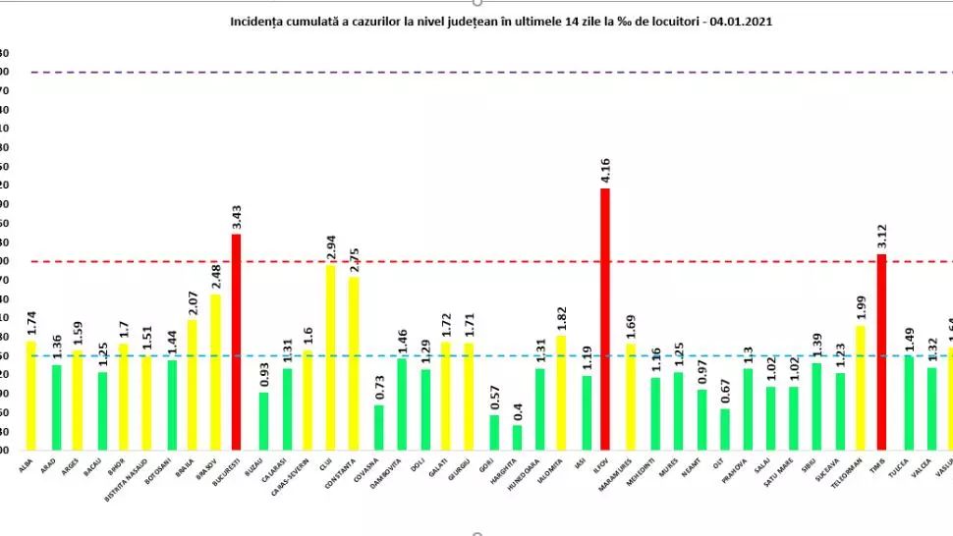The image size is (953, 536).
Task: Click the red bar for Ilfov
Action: click(x=605, y=319)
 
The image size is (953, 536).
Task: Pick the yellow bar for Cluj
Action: click(x=330, y=357)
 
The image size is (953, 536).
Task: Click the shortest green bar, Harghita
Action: click(x=518, y=438)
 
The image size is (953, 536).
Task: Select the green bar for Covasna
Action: click(x=379, y=427)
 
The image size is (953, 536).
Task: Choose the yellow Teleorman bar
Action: click(x=860, y=388)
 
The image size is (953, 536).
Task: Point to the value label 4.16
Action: click(x=605, y=170)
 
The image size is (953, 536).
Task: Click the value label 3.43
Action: click(x=237, y=216)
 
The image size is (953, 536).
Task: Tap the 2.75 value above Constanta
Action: click(x=354, y=259)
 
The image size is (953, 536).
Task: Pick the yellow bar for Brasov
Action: click(x=215, y=372)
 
